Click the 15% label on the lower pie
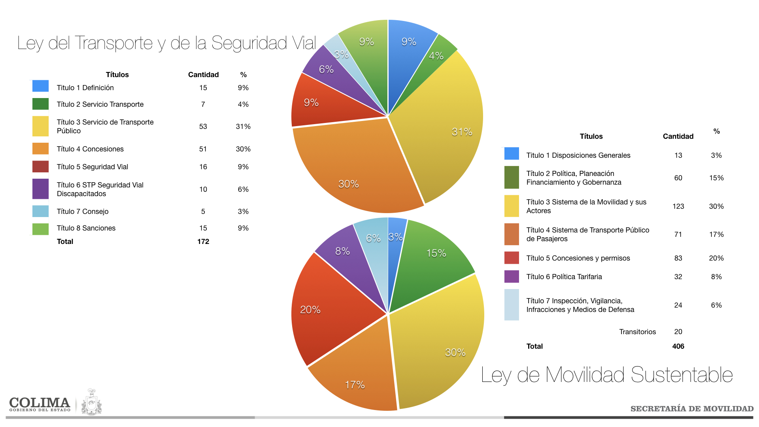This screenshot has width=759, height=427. pos(436,253)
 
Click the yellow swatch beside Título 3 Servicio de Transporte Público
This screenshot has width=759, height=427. pos(40,126)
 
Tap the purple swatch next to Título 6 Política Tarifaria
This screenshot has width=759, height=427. pos(512,277)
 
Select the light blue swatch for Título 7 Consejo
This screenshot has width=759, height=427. pos(40,212)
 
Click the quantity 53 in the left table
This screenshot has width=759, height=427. pos(203,127)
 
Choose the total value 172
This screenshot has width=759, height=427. pos(203,242)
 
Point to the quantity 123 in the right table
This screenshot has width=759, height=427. pos(678,206)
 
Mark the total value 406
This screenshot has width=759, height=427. pos(678,346)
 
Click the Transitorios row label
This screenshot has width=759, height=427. pos(637,332)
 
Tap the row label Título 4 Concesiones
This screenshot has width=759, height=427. pos(90,149)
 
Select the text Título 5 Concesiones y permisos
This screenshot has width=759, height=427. pos(578,258)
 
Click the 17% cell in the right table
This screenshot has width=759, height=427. pos(716,234)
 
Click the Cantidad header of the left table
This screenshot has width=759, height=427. pos(203,75)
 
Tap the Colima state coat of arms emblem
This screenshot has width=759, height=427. pos(92,402)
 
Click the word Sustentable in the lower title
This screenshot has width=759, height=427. pos(682,375)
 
